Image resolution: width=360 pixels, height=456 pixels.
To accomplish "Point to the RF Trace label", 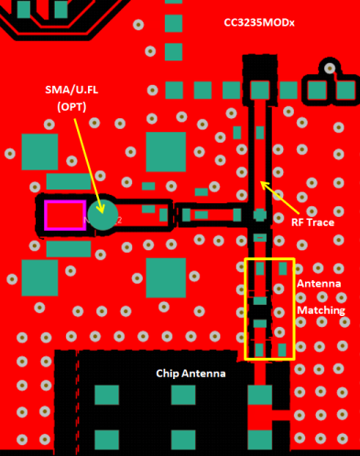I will [311, 221].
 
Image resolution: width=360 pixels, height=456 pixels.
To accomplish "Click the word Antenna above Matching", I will [319, 284].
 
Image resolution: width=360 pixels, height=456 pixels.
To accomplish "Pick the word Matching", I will [321, 310].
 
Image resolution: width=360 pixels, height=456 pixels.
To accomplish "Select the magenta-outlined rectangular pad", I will [65, 215].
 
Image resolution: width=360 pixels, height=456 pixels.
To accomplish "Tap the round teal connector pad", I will [103, 215].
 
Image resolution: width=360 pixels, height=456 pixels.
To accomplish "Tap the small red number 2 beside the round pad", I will [119, 220].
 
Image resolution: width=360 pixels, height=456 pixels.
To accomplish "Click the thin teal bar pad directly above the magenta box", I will [69, 181].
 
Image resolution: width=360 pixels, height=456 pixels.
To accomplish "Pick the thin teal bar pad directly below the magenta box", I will [69, 248].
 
